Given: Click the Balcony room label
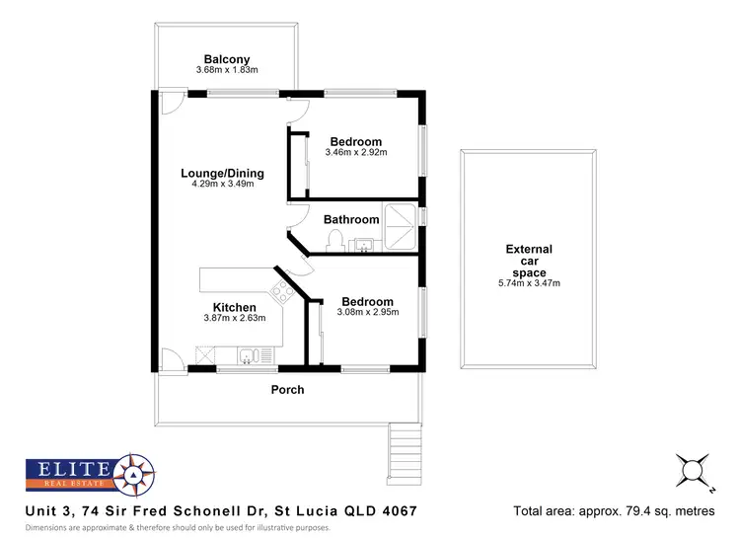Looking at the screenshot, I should [x=226, y=57].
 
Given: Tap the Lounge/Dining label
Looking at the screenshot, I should [x=222, y=173].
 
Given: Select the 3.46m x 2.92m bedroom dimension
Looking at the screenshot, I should [x=355, y=153].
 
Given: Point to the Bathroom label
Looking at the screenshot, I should [x=350, y=219].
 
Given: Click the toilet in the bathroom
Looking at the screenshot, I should [x=334, y=240].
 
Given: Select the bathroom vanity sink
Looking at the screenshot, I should [x=365, y=244].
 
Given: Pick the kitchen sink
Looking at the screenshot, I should [x=247, y=354].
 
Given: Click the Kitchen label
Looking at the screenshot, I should [x=235, y=308].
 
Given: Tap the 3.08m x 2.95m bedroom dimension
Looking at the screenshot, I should [x=366, y=313].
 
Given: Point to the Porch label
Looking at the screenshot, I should [x=287, y=390].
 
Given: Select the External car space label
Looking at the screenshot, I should [x=529, y=261].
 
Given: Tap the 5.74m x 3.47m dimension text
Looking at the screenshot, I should [x=529, y=284].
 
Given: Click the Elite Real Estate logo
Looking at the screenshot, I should [x=87, y=476].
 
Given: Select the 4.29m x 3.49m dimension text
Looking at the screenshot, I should [x=222, y=185].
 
